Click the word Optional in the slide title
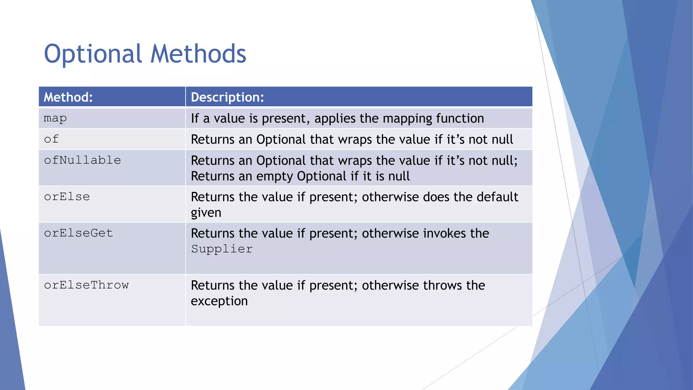coord(93,54)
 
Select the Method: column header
coord(68,97)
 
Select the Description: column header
coord(227,97)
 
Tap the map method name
coord(55,118)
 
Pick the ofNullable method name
coord(83,160)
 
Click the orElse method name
coord(67,197)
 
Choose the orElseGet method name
coord(79,233)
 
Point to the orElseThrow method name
coord(86,285)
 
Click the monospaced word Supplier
coord(222,249)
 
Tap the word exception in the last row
coord(219,301)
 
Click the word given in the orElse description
coord(206,213)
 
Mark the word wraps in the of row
coord(355,139)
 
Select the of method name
coord(51,139)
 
